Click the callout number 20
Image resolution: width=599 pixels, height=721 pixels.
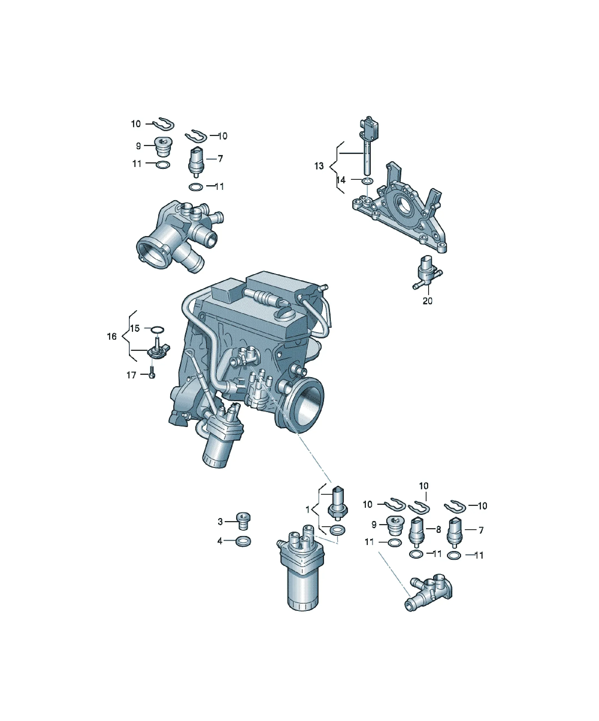tap(427, 301)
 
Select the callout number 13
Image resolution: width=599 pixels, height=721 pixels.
tap(319, 166)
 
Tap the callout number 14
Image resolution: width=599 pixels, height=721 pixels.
tap(341, 180)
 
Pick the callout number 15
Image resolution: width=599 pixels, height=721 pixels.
tap(135, 329)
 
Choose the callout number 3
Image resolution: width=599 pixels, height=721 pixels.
tap(220, 522)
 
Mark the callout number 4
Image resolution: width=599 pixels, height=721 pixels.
tap(220, 541)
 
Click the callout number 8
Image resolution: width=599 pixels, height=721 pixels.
tap(438, 530)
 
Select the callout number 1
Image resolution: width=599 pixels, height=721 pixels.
tap(308, 509)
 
